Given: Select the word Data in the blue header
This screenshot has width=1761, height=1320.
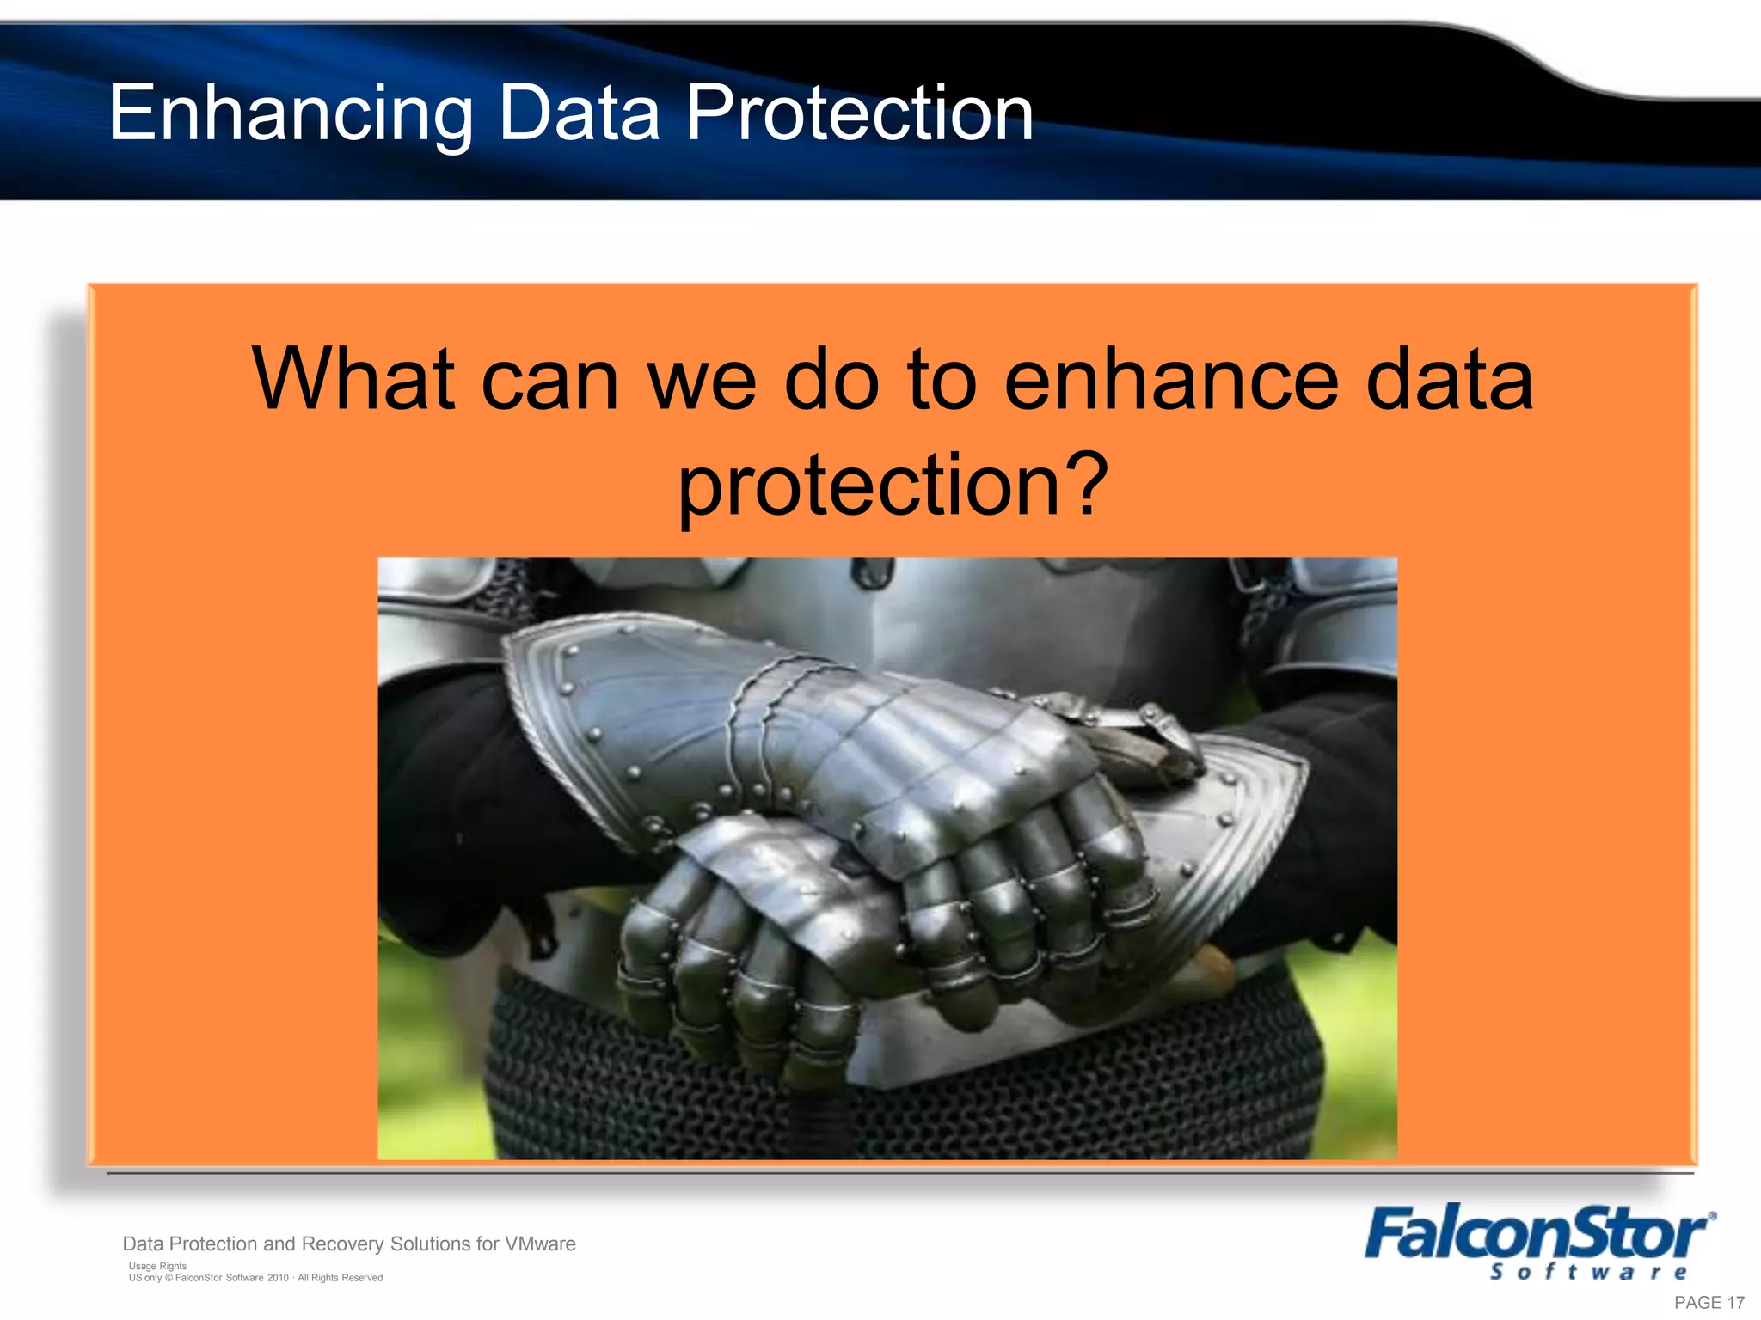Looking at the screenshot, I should pos(579,113).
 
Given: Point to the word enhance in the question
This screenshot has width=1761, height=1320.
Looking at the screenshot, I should pos(1170,380).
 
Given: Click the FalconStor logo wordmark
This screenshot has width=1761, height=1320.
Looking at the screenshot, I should pos(1536,1234).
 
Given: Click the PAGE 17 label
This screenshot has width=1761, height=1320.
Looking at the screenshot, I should pos(1709,1303).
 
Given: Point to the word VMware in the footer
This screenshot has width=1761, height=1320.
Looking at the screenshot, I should pos(540,1244).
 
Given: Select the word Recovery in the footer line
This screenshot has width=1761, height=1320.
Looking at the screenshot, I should pos(342,1244).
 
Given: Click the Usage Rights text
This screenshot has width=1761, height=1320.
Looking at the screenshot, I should pos(157,1266).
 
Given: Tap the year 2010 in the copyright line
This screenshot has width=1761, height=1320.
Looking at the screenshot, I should pos(278,1278).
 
